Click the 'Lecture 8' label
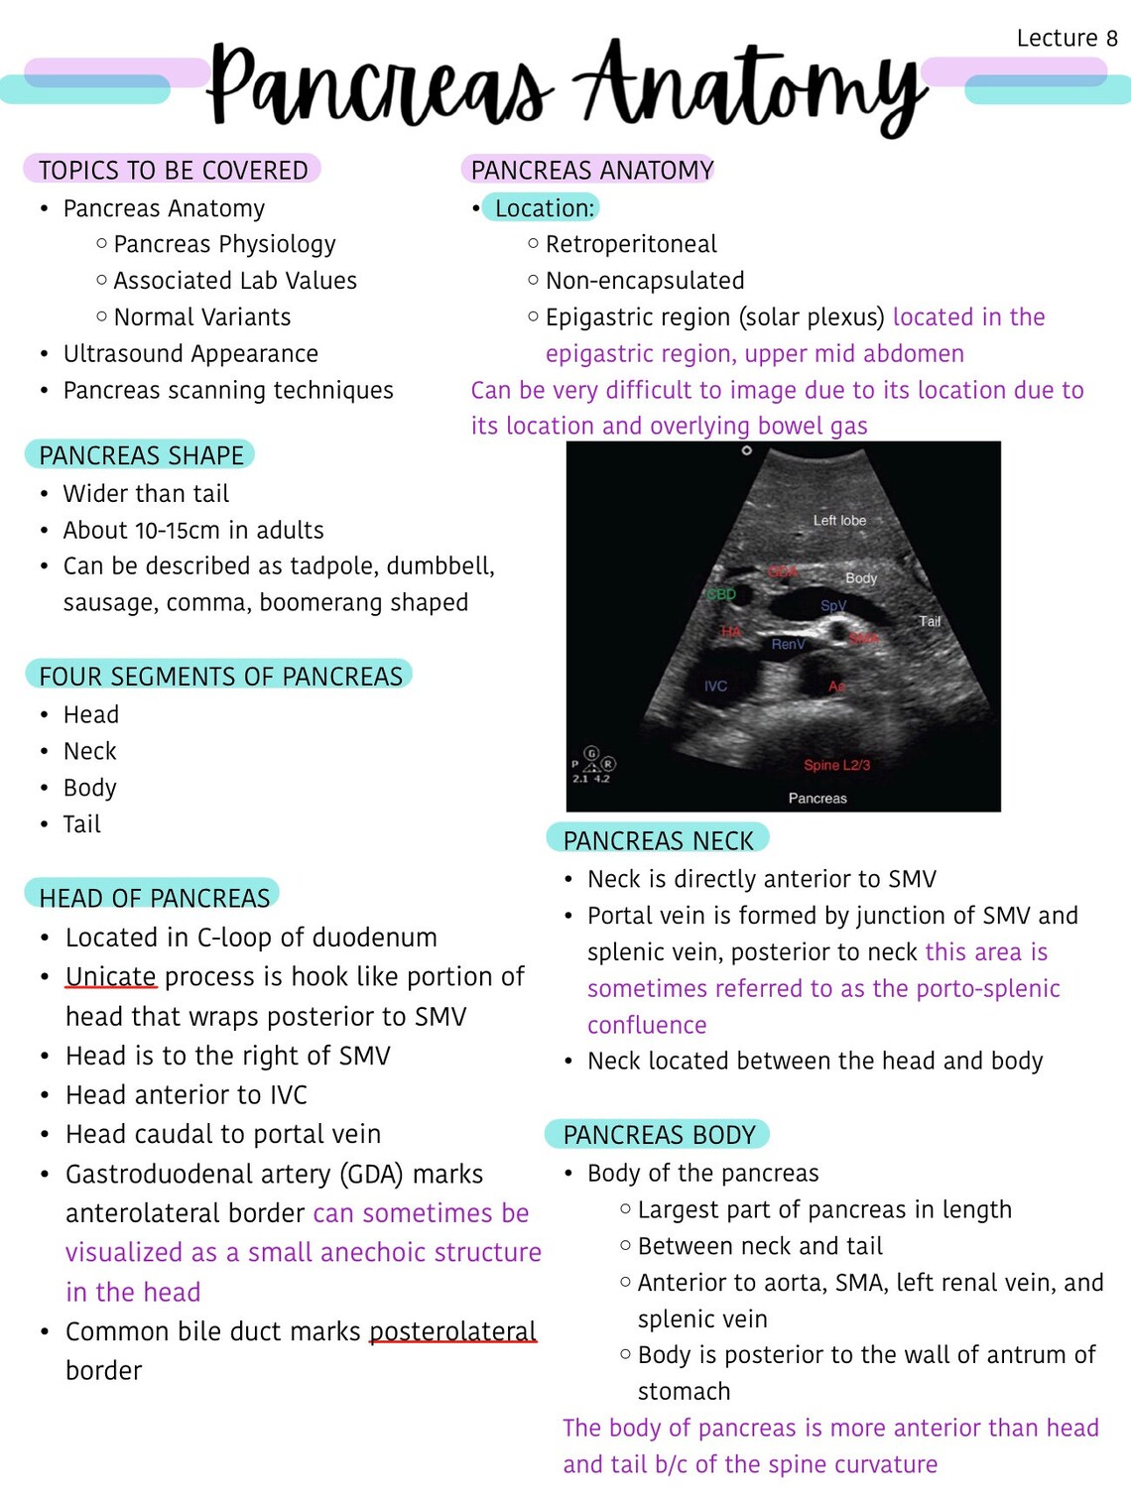click(x=1067, y=39)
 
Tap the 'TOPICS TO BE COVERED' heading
click(x=173, y=171)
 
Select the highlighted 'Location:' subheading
click(x=544, y=208)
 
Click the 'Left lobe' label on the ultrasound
click(x=839, y=520)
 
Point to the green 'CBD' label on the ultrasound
click(x=721, y=594)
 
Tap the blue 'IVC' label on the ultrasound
click(x=715, y=686)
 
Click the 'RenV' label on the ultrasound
click(x=789, y=644)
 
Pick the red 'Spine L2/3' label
click(x=836, y=765)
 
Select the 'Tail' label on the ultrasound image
click(x=930, y=621)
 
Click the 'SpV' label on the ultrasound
click(x=833, y=605)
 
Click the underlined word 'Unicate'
click(x=111, y=977)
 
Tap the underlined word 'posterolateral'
click(x=452, y=1331)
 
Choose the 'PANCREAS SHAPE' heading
click(x=141, y=455)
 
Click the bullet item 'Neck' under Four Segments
click(x=90, y=752)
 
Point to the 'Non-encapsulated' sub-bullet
click(x=645, y=281)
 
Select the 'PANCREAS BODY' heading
click(x=659, y=1135)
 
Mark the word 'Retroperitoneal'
click(x=631, y=244)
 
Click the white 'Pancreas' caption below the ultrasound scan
click(x=817, y=798)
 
